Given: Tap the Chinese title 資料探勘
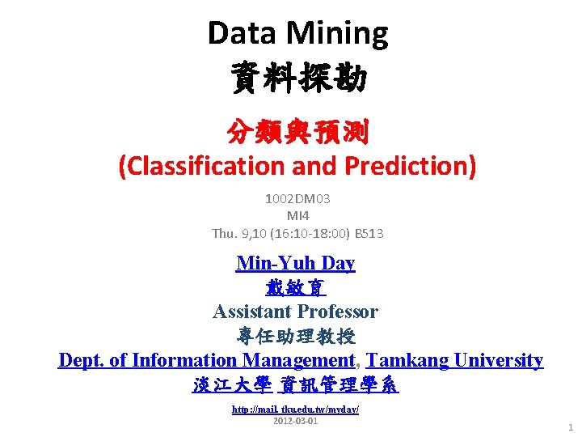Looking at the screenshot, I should (x=298, y=78).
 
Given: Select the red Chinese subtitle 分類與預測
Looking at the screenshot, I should (x=297, y=129).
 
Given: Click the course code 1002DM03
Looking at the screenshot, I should (x=297, y=198).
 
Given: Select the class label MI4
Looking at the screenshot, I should (x=297, y=215).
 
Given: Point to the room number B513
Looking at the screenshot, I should (x=369, y=233).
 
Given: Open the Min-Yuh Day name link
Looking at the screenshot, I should (x=296, y=263).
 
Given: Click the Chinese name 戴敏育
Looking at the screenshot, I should (x=295, y=287).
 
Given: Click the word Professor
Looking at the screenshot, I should (x=339, y=312).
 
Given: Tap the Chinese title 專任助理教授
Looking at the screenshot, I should (x=296, y=336).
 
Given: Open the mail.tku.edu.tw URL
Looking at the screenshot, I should (x=296, y=409).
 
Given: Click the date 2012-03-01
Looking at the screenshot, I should (x=296, y=422).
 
